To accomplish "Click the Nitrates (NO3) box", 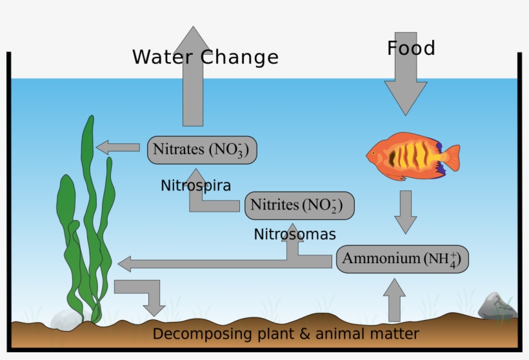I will (x=203, y=150).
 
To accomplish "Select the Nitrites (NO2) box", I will (x=299, y=206).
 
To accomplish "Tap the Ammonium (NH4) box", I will (x=402, y=259).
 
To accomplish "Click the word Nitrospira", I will (x=195, y=186).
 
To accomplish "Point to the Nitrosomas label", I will (x=295, y=233).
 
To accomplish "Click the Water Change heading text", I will (x=205, y=57).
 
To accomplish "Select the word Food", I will (x=411, y=48).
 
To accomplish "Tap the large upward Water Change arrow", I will (x=193, y=77).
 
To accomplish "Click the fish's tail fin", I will (x=450, y=159).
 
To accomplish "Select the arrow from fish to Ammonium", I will (x=406, y=212).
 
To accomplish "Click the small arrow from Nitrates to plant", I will (x=118, y=148).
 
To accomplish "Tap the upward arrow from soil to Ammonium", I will (x=394, y=299).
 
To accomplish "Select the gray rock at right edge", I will (x=497, y=306).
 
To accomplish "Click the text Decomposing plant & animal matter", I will (x=286, y=334).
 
